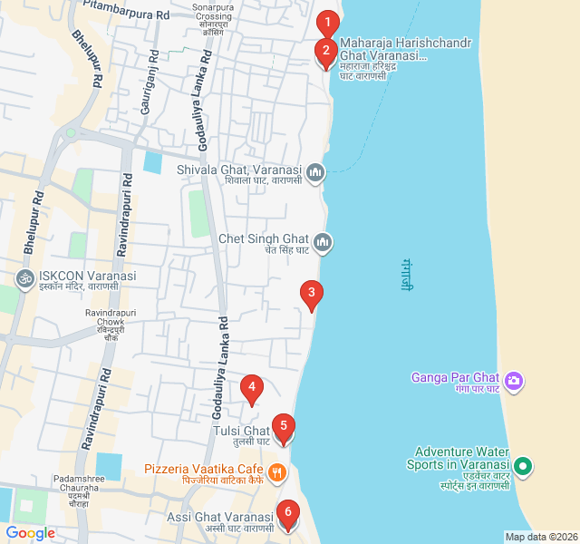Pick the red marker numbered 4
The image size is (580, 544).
[x=252, y=389]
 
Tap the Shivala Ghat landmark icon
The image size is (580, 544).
[x=315, y=170]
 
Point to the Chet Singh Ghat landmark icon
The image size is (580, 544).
[x=324, y=242]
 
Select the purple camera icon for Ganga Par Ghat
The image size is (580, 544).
[x=514, y=379]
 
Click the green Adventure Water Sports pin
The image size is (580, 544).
[x=522, y=467]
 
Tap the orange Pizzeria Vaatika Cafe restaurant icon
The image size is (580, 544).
[x=277, y=471]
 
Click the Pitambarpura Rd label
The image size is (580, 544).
[x=126, y=13]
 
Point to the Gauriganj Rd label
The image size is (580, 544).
[x=147, y=86]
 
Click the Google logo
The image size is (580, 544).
[x=30, y=533]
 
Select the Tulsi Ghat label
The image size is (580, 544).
[x=241, y=432]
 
